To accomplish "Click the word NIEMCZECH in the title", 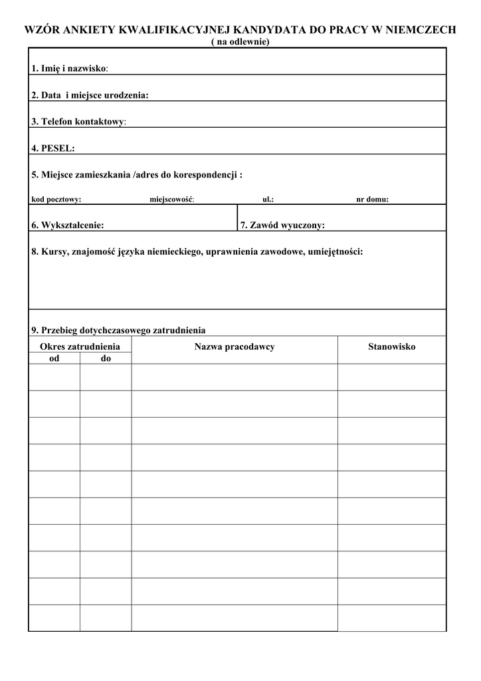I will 421,30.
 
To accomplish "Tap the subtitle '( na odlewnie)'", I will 240,41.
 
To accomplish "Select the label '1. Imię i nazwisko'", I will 70,68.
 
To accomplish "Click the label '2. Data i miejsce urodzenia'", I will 90,95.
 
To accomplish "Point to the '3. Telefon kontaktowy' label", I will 78,122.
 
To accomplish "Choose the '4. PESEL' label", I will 53,148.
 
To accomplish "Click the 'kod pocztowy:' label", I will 56,199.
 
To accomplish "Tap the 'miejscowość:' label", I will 171,199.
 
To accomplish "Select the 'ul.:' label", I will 268,199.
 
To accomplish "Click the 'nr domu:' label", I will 372,199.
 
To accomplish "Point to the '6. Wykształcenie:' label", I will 68,225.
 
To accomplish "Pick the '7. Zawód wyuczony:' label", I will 282,225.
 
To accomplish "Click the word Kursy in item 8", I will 54,252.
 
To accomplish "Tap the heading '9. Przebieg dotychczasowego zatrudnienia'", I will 118,330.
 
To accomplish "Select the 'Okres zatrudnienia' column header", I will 80,346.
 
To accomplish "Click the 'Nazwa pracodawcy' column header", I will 235,346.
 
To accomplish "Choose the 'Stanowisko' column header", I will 392,346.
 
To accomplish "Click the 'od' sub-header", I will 54,358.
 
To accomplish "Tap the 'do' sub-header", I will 106,358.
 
